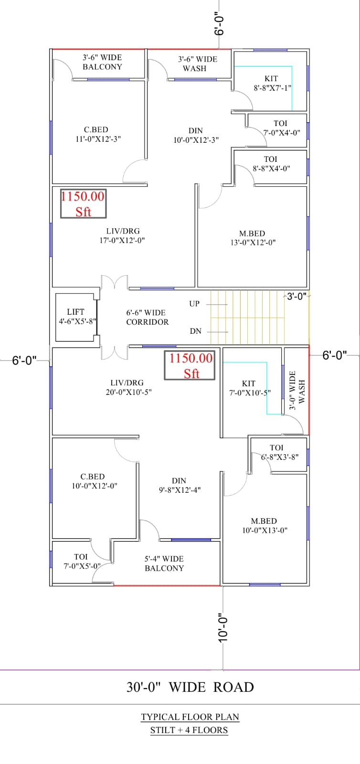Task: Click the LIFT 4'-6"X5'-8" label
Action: coord(77,317)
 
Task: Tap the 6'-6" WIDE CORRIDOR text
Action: coord(147,317)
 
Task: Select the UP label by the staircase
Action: coord(194,304)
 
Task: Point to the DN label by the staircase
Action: coord(196,331)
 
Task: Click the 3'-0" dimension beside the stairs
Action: coord(296,296)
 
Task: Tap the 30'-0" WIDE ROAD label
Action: coord(190,687)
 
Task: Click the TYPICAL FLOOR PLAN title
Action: coord(190,717)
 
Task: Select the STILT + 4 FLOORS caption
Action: coord(189,730)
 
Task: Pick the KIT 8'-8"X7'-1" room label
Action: coord(272,83)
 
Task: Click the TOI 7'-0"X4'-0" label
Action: coord(282,128)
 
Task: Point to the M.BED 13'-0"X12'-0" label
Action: coord(253,238)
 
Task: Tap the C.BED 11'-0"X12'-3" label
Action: coord(98,134)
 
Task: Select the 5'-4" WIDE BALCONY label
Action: coord(164,563)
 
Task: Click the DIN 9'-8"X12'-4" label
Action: coord(180,485)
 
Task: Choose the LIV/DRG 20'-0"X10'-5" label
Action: coord(128,387)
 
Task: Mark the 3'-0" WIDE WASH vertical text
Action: coord(297,390)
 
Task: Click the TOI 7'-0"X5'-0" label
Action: coord(82,562)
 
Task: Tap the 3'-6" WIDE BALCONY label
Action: coord(102,62)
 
